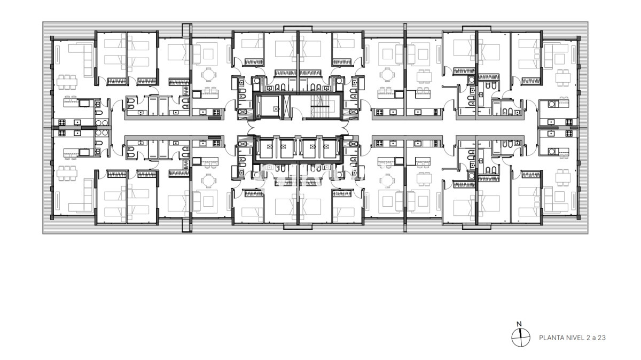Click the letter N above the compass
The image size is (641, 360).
pyautogui.click(x=519, y=324)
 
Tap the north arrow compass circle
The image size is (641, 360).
pyautogui.click(x=519, y=335)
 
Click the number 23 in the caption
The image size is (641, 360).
pyautogui.click(x=602, y=338)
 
